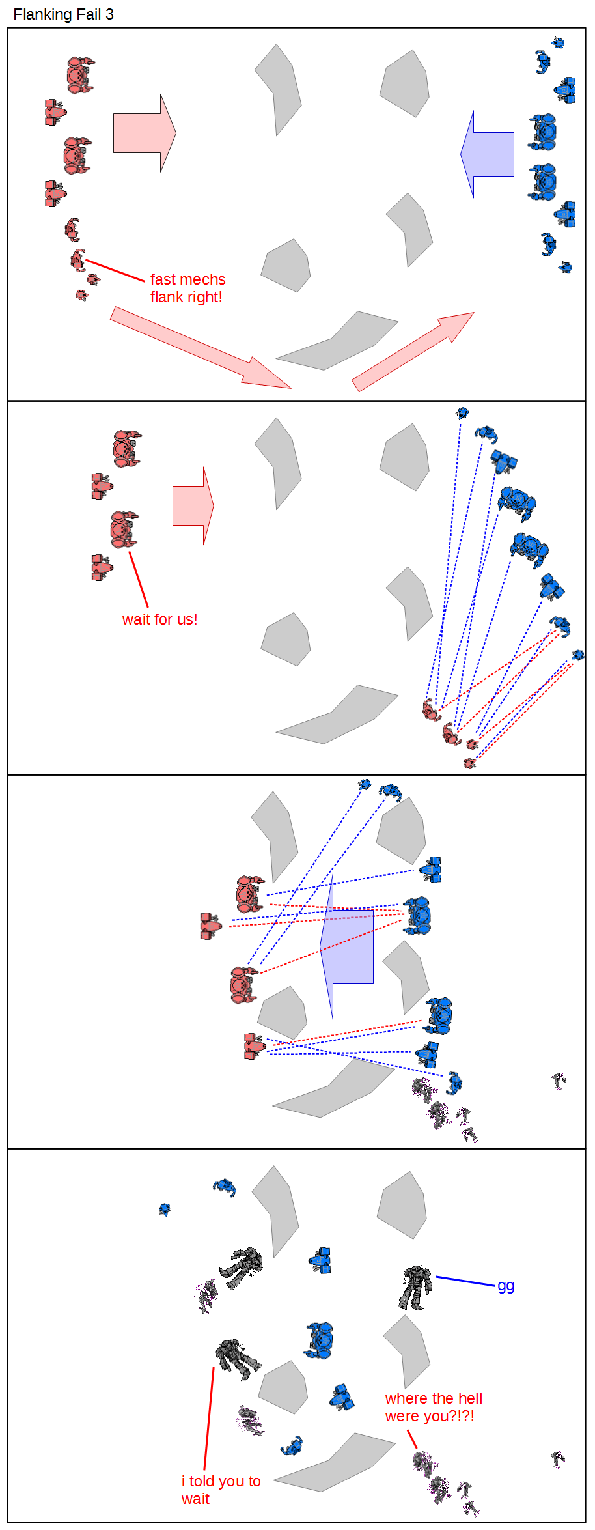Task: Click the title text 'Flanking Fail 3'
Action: point(63,14)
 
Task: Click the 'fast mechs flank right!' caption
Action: point(187,288)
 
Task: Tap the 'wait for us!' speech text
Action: point(159,619)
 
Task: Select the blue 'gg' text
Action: point(506,1286)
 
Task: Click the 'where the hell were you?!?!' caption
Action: point(434,1407)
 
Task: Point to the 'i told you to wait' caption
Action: point(221,1490)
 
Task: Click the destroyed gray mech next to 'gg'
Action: point(415,1287)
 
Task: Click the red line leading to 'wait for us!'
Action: point(139,579)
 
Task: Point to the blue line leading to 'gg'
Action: point(465,1281)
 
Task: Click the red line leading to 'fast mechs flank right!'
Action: point(115,270)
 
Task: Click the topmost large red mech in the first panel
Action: point(79,75)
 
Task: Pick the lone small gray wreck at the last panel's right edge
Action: point(557,1460)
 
